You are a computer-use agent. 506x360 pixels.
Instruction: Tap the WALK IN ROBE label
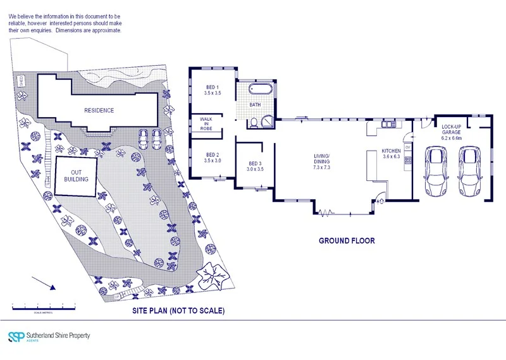[x=206, y=122]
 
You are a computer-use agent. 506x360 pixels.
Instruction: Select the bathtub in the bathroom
[x=261, y=89]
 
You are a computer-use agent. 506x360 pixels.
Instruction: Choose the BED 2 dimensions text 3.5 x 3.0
[x=212, y=161]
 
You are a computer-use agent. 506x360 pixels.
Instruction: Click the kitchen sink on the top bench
[x=387, y=125]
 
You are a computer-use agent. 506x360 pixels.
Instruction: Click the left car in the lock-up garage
[x=435, y=170]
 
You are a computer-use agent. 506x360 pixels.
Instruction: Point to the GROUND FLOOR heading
[x=347, y=240]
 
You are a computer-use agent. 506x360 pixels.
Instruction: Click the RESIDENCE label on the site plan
[x=99, y=110]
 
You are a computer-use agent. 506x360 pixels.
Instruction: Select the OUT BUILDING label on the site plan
[x=75, y=175]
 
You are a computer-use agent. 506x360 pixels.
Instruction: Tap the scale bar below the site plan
[x=43, y=308]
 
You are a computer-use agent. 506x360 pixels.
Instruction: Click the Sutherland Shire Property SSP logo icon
[x=15, y=337]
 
